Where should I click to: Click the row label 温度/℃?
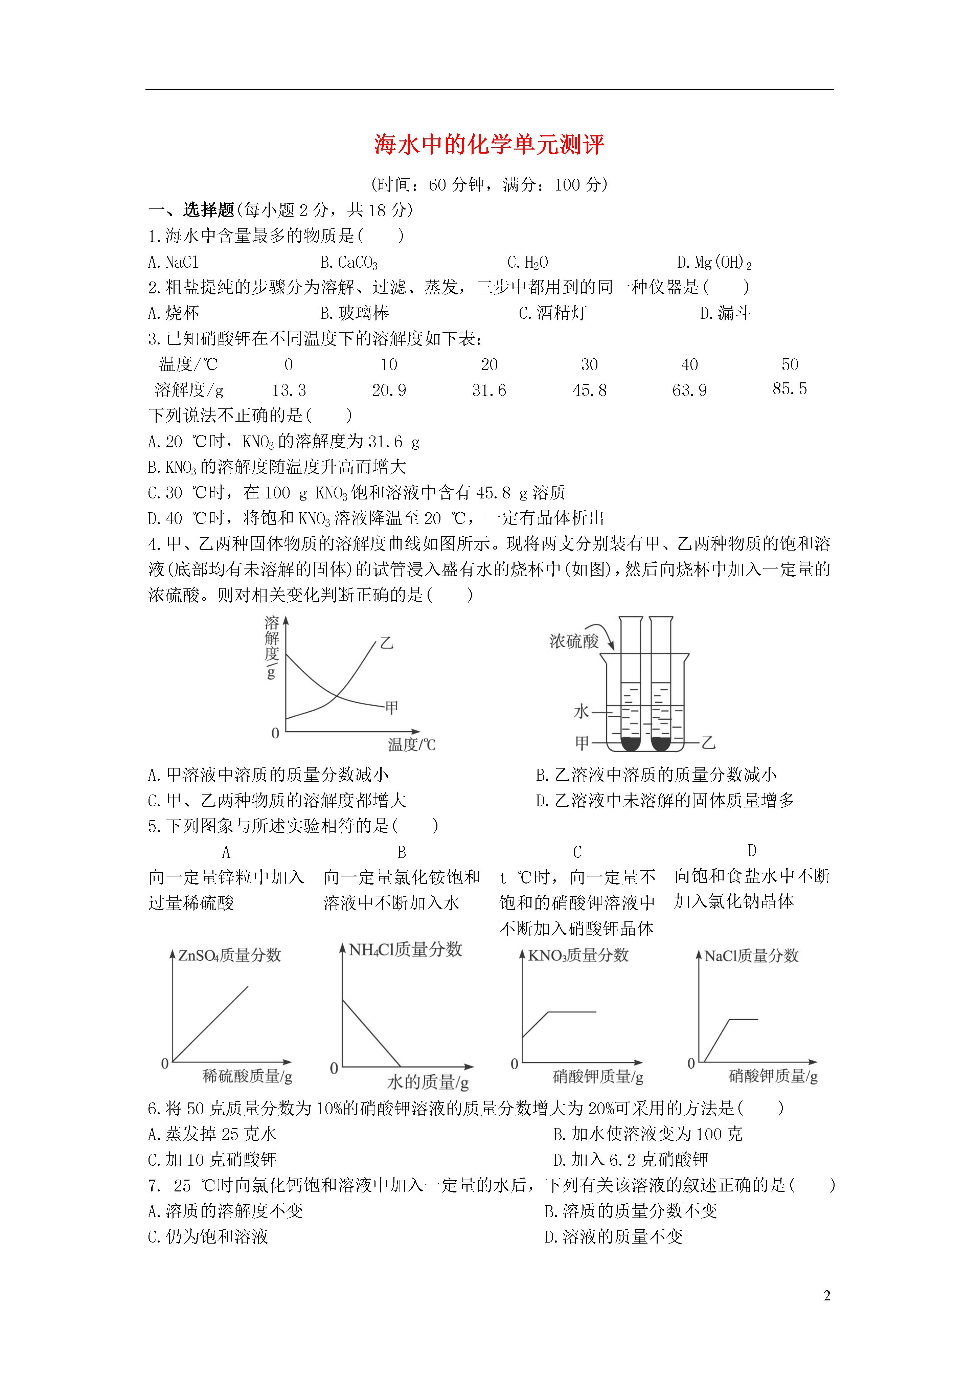tap(188, 364)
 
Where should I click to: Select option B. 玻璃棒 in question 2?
tap(354, 313)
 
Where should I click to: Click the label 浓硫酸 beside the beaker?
tap(574, 641)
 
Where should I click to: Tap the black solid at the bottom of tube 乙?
tap(661, 743)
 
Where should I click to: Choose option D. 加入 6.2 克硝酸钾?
tap(630, 1159)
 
